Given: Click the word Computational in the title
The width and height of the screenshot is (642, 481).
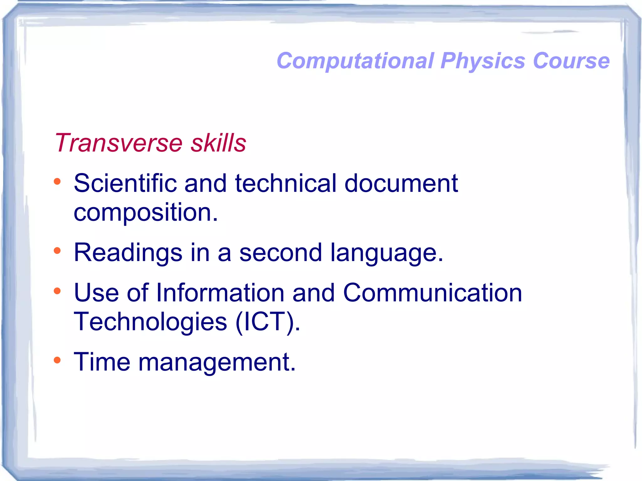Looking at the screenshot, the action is click(355, 60).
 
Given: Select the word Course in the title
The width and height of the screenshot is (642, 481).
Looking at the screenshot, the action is click(571, 60).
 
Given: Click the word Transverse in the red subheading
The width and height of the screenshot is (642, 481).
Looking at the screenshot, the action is click(118, 143).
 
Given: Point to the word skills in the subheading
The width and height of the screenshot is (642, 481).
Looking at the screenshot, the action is click(218, 143).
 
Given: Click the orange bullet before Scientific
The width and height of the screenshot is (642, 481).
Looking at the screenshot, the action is click(57, 181).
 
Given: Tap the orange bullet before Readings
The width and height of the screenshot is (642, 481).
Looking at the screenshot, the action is click(57, 250).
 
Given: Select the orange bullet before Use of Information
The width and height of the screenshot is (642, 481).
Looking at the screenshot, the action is click(57, 291).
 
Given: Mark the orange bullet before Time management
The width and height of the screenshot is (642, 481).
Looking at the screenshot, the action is click(57, 360).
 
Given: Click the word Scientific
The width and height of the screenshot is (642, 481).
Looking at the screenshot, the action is click(125, 183).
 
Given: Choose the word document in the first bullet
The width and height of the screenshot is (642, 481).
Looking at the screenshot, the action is click(401, 183).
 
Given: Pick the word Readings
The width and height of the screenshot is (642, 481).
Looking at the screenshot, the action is click(128, 253).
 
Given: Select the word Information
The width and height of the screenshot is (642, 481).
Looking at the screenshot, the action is click(220, 293).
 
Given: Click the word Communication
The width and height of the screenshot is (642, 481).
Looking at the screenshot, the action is click(432, 293).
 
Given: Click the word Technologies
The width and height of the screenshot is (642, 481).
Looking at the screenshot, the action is click(150, 322).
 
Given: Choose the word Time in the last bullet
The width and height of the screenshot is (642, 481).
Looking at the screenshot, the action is click(102, 362).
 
